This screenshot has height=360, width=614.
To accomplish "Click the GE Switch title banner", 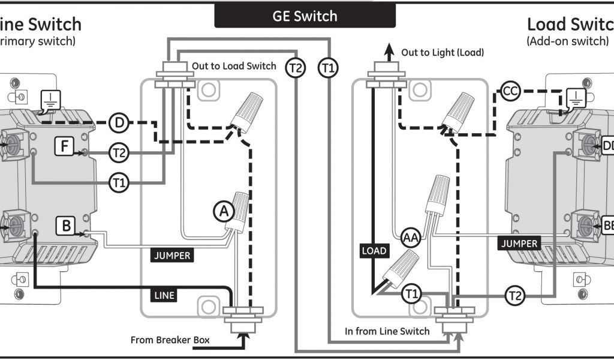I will [305, 16].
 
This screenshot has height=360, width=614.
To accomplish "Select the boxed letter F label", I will [64, 145].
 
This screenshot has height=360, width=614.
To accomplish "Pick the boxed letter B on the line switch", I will [65, 226].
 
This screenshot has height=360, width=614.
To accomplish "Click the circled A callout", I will [224, 211].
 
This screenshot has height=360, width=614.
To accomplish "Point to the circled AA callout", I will [411, 238].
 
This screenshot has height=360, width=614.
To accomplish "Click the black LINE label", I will [164, 295].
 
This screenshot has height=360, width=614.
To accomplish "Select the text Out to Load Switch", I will [234, 66].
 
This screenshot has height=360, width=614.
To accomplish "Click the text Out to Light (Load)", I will [443, 53].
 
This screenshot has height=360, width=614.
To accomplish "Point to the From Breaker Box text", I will [170, 340].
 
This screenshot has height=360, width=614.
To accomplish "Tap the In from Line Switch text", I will [387, 331].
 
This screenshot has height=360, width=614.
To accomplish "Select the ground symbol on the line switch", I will [50, 102].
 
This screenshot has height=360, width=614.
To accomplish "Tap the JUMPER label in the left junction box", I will [172, 256].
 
